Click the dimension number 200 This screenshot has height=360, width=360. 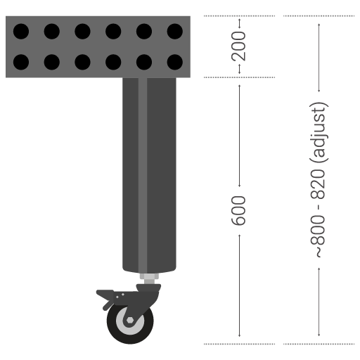239,46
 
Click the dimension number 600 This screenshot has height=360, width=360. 239,210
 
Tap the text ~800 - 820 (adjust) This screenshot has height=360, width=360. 319,179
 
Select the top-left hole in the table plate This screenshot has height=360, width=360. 21,32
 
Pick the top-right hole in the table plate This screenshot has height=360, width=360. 175,32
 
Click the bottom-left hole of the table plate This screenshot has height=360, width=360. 21,62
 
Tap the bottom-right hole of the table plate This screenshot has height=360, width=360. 175,62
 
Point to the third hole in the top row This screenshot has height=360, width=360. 83,32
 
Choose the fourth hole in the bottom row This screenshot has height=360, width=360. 113,62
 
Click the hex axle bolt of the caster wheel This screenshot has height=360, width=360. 130,322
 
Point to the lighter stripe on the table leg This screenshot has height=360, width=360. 143,176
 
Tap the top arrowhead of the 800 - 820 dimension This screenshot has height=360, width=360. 319,26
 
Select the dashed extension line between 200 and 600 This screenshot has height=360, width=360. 239,77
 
